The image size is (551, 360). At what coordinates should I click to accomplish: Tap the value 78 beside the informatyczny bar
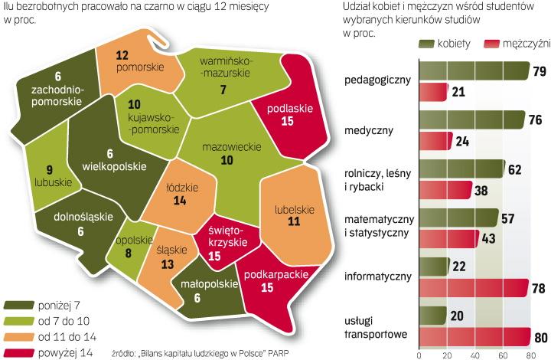tap(539, 287)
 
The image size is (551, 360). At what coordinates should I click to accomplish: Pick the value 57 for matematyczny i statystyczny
tap(508, 218)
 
